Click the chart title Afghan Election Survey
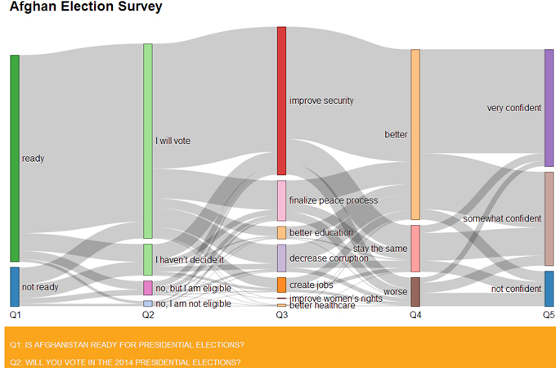click(x=86, y=7)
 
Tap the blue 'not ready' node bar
click(x=15, y=286)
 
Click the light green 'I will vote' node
click(x=148, y=141)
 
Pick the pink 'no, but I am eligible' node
click(x=148, y=288)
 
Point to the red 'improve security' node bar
click(x=281, y=101)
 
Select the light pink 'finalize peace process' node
click(x=281, y=200)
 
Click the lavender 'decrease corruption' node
click(x=281, y=258)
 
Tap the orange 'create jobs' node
click(x=281, y=285)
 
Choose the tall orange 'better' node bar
click(x=415, y=134)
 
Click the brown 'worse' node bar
click(x=415, y=291)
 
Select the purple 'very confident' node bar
click(x=549, y=108)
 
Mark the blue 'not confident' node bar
click(x=549, y=289)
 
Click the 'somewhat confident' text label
click(x=501, y=218)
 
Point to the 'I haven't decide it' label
click(x=190, y=259)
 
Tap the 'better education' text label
click(x=321, y=232)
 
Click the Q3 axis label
click(x=281, y=314)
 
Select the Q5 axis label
click(x=549, y=314)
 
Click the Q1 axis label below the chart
click(x=15, y=314)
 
